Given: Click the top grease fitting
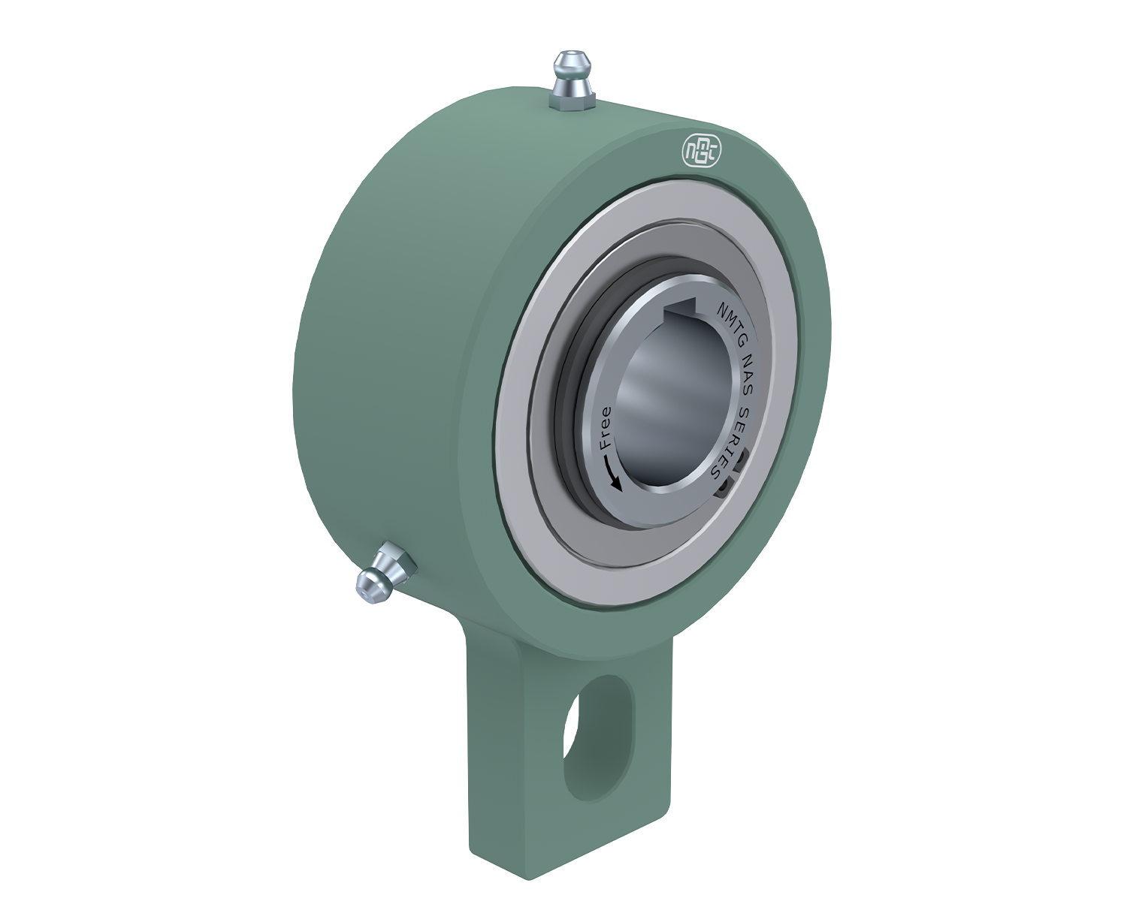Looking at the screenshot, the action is (x=573, y=81).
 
